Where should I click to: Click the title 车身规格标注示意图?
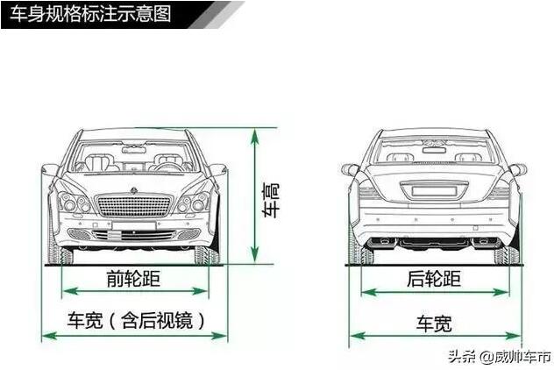click(90, 14)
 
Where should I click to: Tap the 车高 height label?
click(271, 200)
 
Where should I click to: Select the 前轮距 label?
click(133, 279)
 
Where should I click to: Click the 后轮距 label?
click(434, 279)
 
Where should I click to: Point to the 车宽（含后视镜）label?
click(136, 320)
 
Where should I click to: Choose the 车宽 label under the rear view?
click(434, 324)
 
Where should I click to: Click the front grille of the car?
click(133, 206)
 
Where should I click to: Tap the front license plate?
click(134, 225)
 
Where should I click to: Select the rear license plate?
click(434, 191)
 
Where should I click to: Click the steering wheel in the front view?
click(170, 167)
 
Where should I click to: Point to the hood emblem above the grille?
click(133, 190)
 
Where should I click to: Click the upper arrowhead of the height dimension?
click(254, 136)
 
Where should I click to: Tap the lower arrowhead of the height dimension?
click(254, 255)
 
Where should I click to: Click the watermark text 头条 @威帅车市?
click(500, 357)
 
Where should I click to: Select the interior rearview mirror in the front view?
click(134, 150)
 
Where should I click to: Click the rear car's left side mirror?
click(350, 169)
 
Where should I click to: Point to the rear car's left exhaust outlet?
click(380, 242)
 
